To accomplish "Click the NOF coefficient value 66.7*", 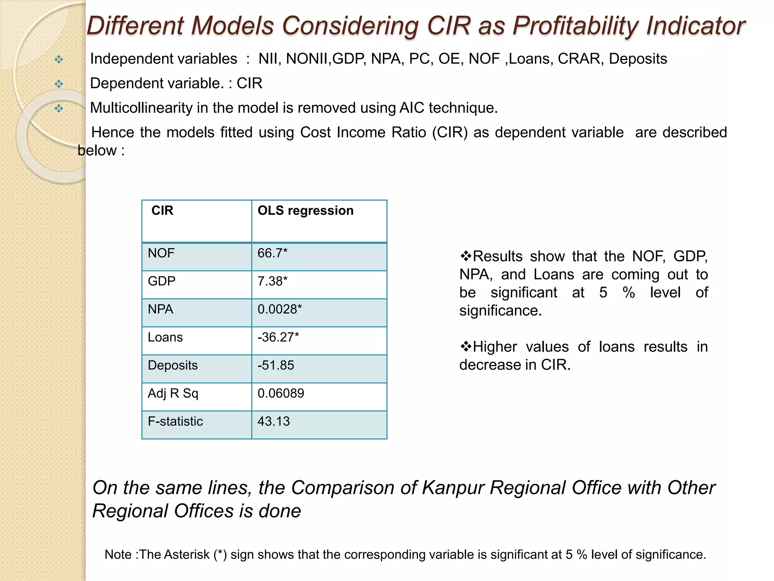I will coord(272,253).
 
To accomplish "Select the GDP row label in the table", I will coord(161,281).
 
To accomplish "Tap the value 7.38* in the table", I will coord(272,281).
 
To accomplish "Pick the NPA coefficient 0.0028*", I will coord(280,309).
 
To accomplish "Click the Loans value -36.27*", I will coord(278,337).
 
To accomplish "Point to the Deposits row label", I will coord(173,365).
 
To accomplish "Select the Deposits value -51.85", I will coord(276,365).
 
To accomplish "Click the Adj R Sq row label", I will coord(173,393).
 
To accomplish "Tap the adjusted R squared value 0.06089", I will coord(281,393).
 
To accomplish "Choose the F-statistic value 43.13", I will coord(274,421).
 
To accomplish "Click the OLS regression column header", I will coord(305,210).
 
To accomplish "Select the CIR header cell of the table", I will coord(163,210).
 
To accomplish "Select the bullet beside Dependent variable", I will coord(59,84).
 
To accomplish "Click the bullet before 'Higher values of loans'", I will coord(466,346).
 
